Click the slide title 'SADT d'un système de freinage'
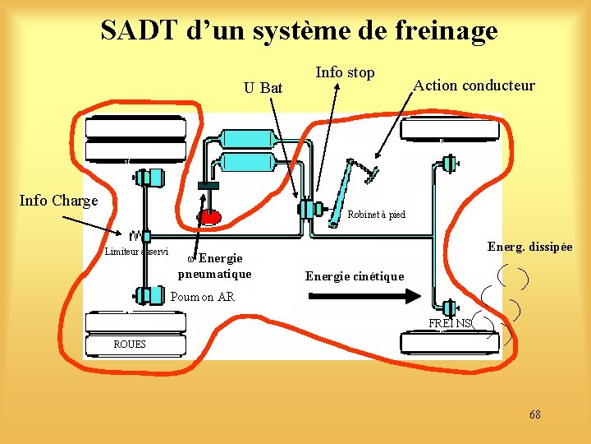(299, 30)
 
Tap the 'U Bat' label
(263, 87)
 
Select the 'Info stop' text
(345, 72)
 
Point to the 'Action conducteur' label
(474, 86)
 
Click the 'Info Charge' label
(58, 200)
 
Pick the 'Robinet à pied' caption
(376, 215)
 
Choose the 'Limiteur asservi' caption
(136, 252)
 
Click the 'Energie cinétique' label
(355, 276)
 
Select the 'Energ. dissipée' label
(529, 247)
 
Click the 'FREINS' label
(450, 323)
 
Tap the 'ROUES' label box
(130, 344)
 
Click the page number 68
(534, 414)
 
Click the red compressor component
(208, 216)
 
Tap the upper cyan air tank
(246, 138)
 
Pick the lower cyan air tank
(246, 161)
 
